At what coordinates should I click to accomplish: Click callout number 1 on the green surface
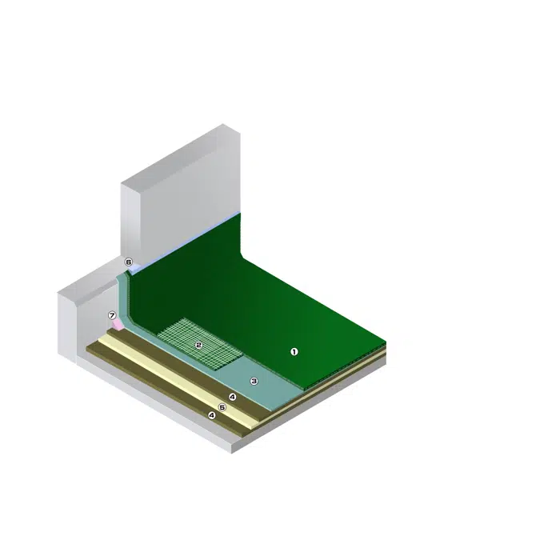[294, 352]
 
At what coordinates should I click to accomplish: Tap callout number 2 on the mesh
[198, 345]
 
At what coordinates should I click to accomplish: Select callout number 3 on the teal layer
[254, 381]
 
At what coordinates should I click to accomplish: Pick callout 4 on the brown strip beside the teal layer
[233, 397]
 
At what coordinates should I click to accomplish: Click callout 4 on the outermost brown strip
[212, 416]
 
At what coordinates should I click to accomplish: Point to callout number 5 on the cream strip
[222, 407]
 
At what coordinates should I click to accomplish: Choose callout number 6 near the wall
[129, 262]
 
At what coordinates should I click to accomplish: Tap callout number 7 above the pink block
[112, 315]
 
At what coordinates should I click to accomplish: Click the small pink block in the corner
[117, 325]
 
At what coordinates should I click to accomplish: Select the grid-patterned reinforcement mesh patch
[201, 343]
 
